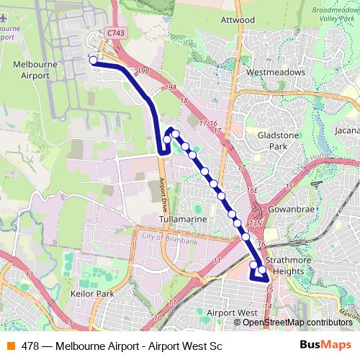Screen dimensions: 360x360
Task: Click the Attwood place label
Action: (x=238, y=19)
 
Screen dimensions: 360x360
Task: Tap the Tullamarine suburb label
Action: (x=184, y=218)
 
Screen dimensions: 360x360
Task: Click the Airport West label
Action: (x=231, y=312)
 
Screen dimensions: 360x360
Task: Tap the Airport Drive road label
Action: (x=163, y=192)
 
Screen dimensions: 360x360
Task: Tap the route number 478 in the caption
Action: (x=30, y=345)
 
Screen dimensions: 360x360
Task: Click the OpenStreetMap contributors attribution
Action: (x=297, y=323)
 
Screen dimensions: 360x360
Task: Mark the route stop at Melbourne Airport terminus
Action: (x=93, y=60)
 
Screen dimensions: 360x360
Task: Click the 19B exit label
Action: (x=143, y=71)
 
